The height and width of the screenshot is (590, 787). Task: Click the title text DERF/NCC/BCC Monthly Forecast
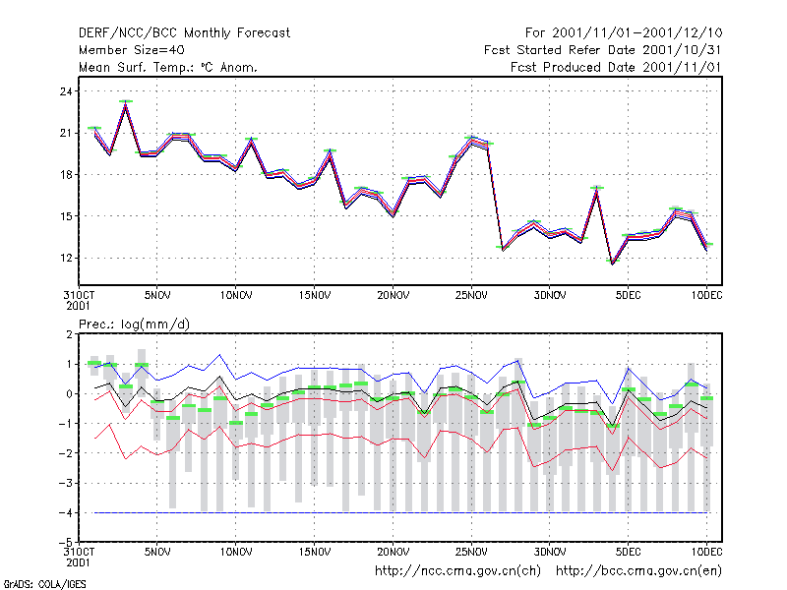[x=184, y=33]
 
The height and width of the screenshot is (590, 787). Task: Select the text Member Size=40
[x=132, y=50]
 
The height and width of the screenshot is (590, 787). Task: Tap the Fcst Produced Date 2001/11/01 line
[x=616, y=67]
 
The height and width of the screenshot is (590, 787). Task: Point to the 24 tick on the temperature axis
[x=66, y=91]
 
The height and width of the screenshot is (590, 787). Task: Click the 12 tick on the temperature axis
[x=66, y=258]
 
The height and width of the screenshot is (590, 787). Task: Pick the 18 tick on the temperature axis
[x=66, y=175]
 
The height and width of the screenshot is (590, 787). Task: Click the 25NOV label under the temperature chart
[x=471, y=296]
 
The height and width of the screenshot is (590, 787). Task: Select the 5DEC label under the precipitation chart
[x=628, y=552]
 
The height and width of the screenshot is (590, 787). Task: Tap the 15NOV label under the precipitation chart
[x=314, y=552]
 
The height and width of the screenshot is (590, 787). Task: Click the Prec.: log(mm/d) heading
[x=134, y=324]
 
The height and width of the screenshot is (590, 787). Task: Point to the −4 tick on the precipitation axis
[x=66, y=512]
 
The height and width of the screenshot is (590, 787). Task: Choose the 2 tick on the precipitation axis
[x=69, y=334]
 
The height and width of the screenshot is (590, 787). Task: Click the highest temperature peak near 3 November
[x=126, y=102]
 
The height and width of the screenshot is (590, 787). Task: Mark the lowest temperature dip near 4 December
[x=612, y=263]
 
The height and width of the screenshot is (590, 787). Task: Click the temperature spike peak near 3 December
[x=597, y=188]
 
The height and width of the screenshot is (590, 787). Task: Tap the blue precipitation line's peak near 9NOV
[x=219, y=355]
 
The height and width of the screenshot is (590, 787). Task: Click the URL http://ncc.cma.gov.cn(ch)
[x=457, y=571]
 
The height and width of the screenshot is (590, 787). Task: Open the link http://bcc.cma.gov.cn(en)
[x=638, y=571]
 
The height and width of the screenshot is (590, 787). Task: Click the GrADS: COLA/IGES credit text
[x=44, y=584]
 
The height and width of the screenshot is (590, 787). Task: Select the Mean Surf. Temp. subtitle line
[x=168, y=67]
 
